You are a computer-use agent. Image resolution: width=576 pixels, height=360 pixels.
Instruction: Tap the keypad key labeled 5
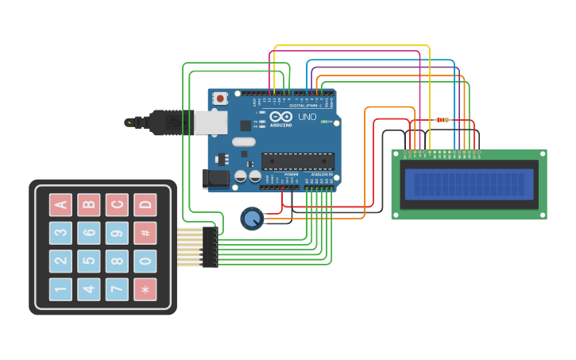pos(89,261)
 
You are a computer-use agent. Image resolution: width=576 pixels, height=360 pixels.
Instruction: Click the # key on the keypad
pos(145,233)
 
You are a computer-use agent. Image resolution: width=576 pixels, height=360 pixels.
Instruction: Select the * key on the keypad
pos(145,289)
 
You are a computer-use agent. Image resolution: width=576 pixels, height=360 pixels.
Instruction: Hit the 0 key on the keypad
pos(145,261)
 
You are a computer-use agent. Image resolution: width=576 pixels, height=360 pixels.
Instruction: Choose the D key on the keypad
pos(145,205)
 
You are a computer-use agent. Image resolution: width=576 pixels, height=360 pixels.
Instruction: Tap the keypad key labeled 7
pos(117,289)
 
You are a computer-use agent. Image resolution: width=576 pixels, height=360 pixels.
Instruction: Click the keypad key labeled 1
pos(60,289)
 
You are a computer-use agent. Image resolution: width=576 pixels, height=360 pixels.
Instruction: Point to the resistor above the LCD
pos(443,120)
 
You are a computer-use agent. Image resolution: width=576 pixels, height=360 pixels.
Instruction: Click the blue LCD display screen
pos(469,184)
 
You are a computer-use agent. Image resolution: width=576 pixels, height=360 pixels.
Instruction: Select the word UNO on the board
pos(307,117)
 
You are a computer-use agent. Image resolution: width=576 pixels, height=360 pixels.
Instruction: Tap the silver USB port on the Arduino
pos(211,122)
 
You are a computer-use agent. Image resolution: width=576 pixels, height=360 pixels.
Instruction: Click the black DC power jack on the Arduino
pos(215,179)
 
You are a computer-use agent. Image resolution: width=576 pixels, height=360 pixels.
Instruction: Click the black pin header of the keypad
pos(211,246)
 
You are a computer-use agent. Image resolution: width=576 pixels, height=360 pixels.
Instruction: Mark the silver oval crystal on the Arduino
pos(244,142)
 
